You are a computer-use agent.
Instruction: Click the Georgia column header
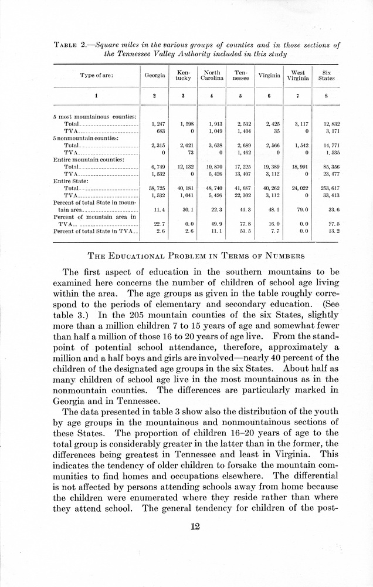click(155, 76)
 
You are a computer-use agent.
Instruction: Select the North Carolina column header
click(211, 76)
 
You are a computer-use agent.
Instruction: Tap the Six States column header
click(326, 76)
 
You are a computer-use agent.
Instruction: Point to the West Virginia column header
click(298, 76)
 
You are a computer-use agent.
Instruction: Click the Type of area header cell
click(97, 76)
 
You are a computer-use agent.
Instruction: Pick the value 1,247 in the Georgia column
click(157, 124)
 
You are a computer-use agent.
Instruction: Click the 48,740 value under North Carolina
click(213, 188)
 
